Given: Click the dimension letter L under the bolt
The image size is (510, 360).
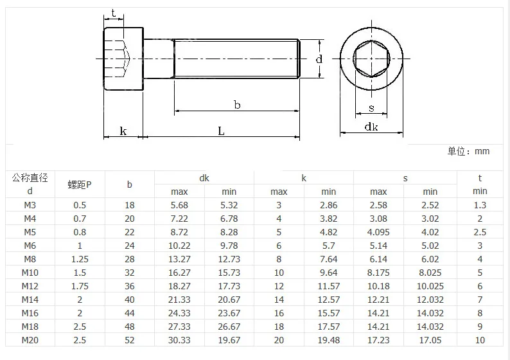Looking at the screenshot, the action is (221, 131).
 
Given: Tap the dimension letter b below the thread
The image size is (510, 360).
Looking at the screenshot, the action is (237, 105).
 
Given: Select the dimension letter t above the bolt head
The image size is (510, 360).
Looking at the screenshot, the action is (113, 13).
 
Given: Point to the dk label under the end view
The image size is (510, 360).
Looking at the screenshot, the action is (371, 126).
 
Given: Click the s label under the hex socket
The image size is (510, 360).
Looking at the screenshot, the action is (371, 109).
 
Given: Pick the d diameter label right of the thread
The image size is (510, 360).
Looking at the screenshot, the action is (319, 59).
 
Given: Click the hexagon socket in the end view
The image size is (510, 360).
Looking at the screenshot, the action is (371, 59).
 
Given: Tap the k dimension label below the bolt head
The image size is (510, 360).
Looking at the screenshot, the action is (123, 131).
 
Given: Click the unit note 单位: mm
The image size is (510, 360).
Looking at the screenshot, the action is (468, 151).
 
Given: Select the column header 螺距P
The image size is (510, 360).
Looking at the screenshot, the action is (80, 184).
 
